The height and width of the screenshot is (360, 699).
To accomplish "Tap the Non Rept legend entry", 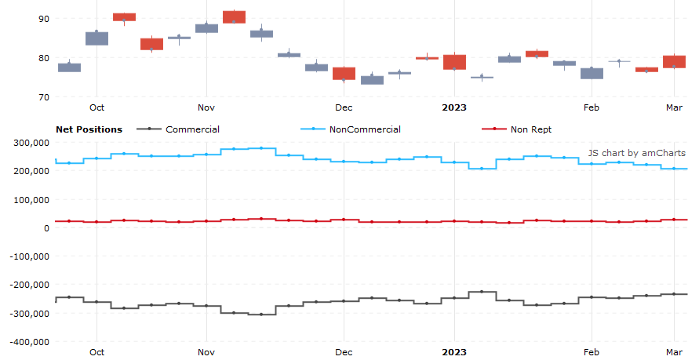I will [531, 129].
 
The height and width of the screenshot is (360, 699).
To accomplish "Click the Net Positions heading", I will [89, 129].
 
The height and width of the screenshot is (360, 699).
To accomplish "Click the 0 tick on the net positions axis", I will [46, 228].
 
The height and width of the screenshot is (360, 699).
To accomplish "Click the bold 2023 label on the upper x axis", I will [454, 107].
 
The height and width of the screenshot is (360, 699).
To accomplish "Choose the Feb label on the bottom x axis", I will [592, 352].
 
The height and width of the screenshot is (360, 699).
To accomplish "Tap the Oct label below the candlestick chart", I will [96, 107].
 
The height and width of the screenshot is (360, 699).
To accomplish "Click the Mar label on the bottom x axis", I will [674, 352].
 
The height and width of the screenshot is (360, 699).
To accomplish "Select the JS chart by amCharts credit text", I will [636, 153].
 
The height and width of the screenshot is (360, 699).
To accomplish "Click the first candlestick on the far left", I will [69, 67].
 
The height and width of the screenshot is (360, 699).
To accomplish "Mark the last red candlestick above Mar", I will [674, 61].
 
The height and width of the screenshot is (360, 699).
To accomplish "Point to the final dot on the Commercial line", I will [674, 294].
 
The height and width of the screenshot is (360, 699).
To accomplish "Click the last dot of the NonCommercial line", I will [674, 169].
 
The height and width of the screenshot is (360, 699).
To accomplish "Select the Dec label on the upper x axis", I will [344, 107].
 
